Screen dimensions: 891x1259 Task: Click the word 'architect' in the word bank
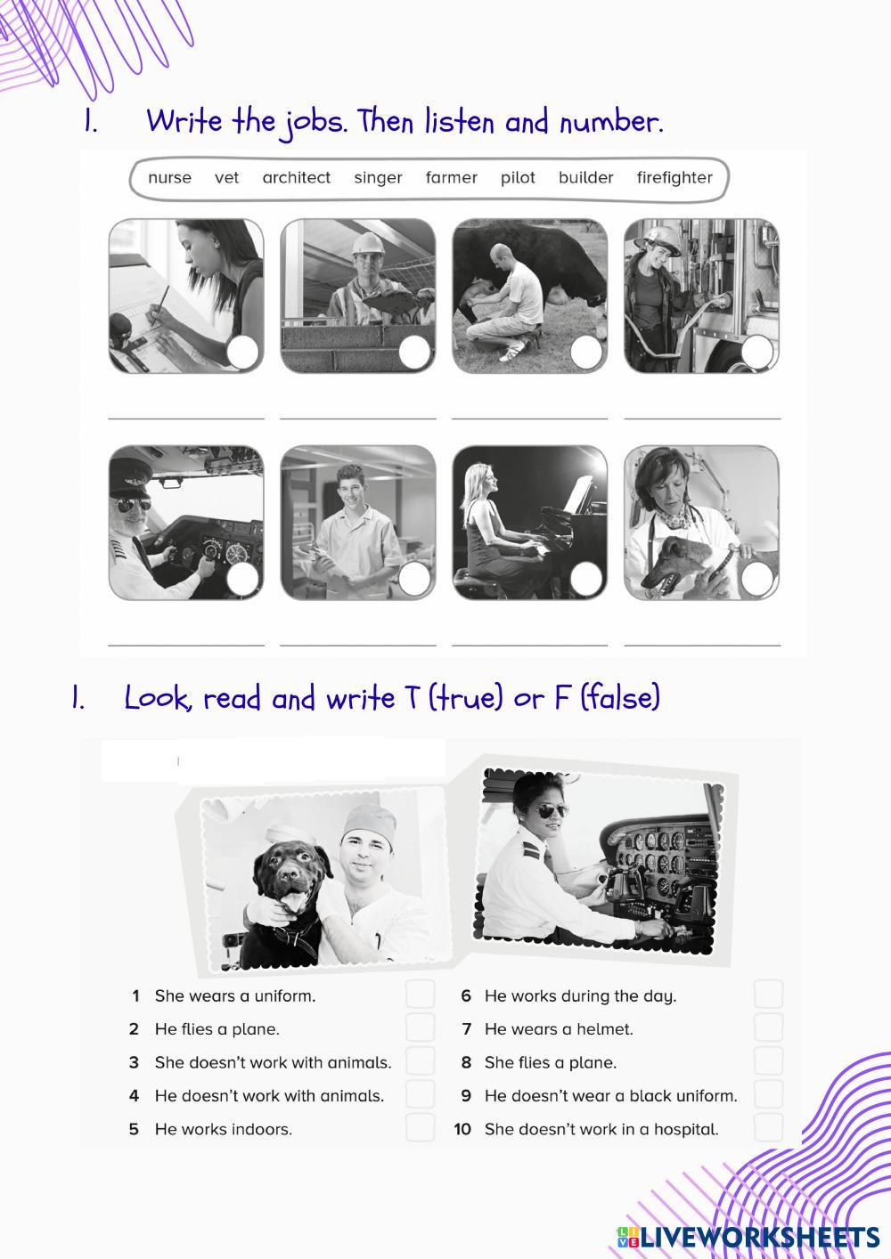pos(297,177)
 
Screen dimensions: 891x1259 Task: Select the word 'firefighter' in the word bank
pos(674,177)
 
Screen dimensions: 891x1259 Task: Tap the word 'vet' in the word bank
pos(226,178)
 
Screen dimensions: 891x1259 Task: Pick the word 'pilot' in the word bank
pos(518,178)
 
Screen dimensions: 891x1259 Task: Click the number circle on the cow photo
pos(586,353)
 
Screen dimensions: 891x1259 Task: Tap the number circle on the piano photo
pos(586,579)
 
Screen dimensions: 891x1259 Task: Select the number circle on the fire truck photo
pos(757,352)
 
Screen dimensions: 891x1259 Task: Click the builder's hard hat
pos(369,243)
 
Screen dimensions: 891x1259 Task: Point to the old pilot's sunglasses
pos(133,505)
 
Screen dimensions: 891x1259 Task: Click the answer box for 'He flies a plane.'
pos(420,1028)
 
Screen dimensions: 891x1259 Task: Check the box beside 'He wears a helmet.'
pos(768,1028)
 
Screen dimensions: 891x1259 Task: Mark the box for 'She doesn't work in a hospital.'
pos(768,1129)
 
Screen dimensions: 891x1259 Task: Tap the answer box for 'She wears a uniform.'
pos(420,995)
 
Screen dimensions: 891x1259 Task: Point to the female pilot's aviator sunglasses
pos(551,812)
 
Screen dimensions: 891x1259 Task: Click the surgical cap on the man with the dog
pos(370,822)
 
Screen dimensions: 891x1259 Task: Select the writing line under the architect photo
pos(186,418)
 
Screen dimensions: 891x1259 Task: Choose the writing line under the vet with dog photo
pos(702,646)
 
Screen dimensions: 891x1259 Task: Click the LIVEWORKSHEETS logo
pos(748,1238)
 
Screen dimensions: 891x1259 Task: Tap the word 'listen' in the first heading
pos(459,122)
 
